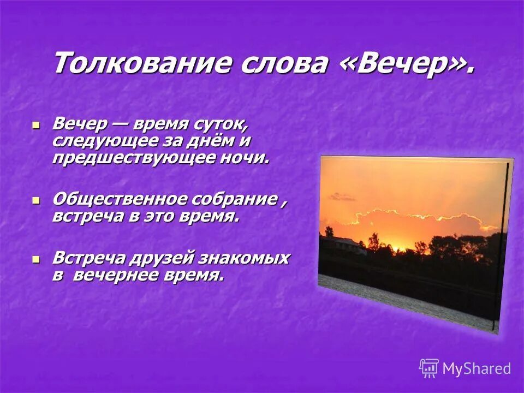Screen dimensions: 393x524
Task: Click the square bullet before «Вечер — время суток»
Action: coord(36,125)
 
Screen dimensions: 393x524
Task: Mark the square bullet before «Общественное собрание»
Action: coord(36,200)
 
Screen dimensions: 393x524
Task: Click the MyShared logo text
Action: coord(477,368)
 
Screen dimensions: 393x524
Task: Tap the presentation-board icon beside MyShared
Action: coord(429,368)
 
